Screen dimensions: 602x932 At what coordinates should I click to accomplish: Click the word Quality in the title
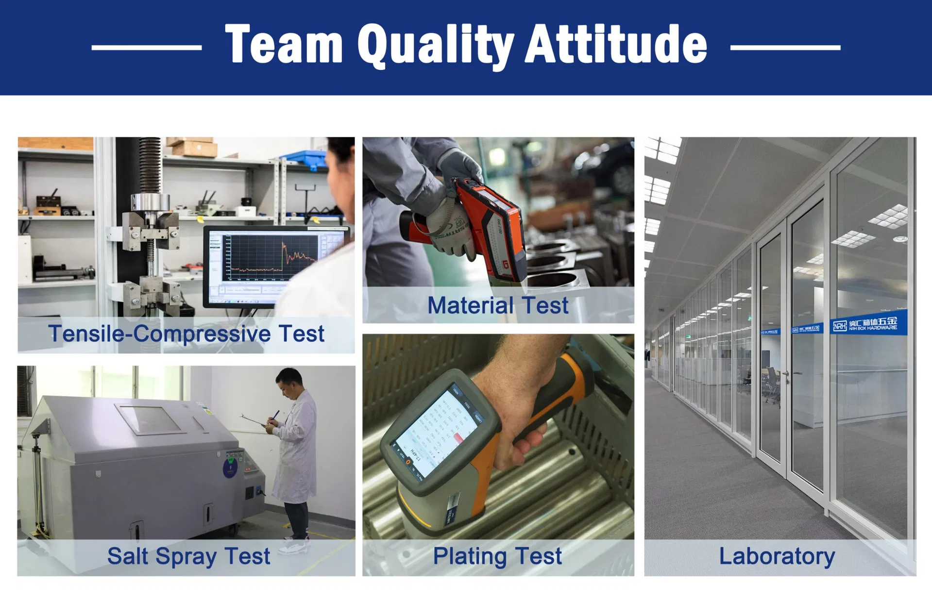[x=435, y=45]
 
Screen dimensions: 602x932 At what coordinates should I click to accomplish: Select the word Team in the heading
[x=284, y=45]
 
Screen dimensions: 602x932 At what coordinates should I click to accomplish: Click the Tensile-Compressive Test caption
[x=186, y=334]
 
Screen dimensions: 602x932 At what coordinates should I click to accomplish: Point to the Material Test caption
[x=497, y=305]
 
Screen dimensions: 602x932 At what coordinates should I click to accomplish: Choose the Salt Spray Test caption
[x=188, y=556]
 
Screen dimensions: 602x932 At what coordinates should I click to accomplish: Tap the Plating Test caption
[x=497, y=556]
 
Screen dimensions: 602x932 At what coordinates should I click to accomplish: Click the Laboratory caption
[x=777, y=556]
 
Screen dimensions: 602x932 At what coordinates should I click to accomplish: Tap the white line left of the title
[x=146, y=47]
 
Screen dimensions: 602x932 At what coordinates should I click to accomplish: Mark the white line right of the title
[x=785, y=47]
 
